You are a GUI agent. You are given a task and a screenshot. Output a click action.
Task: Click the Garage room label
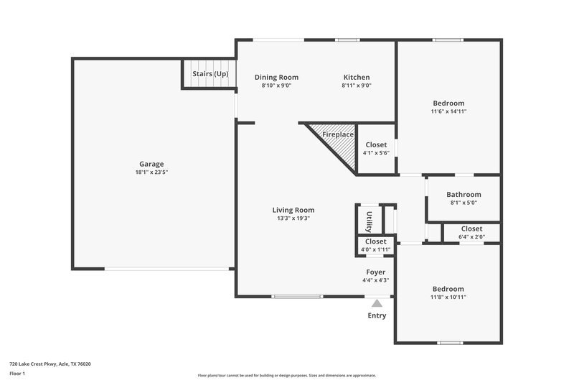[x=151, y=164]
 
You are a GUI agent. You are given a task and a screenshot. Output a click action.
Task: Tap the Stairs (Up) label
[x=210, y=74]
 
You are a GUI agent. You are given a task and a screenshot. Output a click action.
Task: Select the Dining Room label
[x=276, y=78]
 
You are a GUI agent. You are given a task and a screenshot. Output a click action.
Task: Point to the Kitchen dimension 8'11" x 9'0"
[x=356, y=86]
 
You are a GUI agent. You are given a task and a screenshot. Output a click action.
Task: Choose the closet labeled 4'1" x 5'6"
[x=376, y=149]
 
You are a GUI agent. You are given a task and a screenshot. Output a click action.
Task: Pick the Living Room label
[x=293, y=210]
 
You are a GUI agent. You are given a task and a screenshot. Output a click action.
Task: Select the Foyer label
[x=375, y=272]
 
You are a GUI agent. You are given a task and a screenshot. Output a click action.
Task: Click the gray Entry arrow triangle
[x=377, y=303]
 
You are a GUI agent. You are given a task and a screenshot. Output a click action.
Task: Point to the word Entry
[x=377, y=315]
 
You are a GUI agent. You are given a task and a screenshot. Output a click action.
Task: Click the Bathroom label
[x=464, y=195]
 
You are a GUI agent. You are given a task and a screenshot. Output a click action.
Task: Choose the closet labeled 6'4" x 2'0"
[x=471, y=233]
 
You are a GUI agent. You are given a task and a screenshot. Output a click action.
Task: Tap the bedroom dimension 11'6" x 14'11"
[x=448, y=111]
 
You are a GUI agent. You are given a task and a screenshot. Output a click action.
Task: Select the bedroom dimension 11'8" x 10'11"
[x=448, y=297]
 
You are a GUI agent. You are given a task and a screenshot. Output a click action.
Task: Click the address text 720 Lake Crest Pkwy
[x=50, y=364]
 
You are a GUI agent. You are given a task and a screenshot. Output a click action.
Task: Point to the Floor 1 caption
[x=18, y=374]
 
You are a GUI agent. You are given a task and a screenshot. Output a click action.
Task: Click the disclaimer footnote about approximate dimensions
[x=286, y=375]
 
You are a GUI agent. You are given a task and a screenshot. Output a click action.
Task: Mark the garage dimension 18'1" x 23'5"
[x=151, y=172]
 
